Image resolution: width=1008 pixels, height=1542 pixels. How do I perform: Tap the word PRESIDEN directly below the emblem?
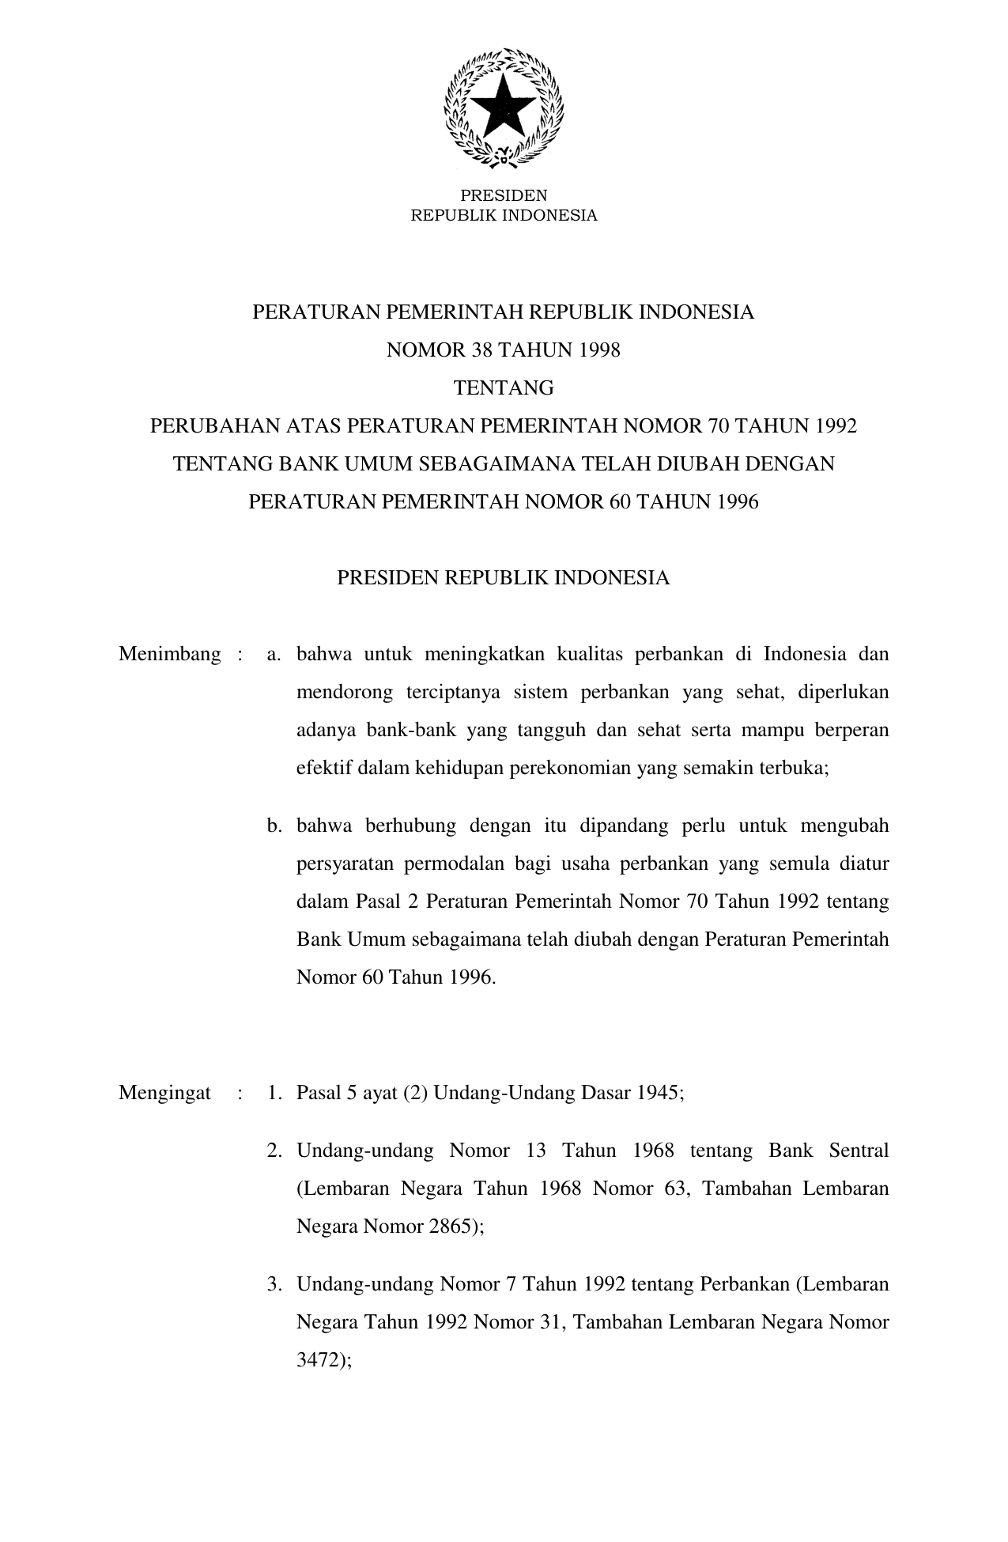pos(504,195)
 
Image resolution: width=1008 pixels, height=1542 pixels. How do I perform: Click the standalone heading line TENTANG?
pos(504,388)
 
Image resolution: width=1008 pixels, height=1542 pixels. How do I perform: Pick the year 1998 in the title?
pos(599,350)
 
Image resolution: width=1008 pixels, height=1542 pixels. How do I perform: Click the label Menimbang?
pos(170,655)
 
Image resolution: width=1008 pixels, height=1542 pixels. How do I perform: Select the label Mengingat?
pos(164,1093)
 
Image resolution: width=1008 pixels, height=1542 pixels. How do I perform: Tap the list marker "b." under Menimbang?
pos(275,826)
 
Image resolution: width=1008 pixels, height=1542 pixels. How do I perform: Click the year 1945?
pos(656,1093)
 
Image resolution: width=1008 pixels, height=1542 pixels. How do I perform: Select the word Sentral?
pos(859,1150)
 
